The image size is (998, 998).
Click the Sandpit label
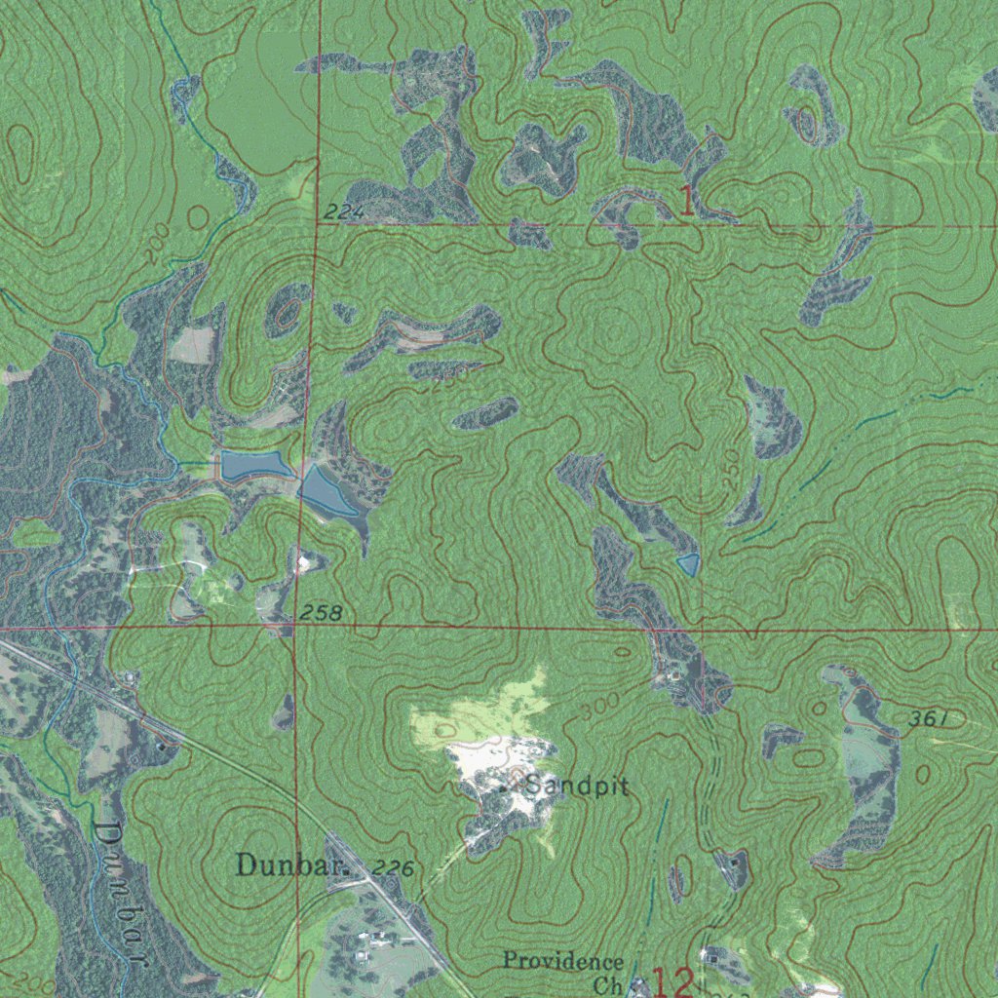[576, 786]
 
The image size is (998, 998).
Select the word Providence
[563, 961]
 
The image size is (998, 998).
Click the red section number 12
[672, 981]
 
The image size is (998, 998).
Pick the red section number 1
[687, 202]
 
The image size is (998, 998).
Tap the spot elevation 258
[321, 613]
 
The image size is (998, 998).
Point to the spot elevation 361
[929, 719]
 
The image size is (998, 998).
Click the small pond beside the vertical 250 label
[688, 563]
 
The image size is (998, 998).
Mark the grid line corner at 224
[317, 224]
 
